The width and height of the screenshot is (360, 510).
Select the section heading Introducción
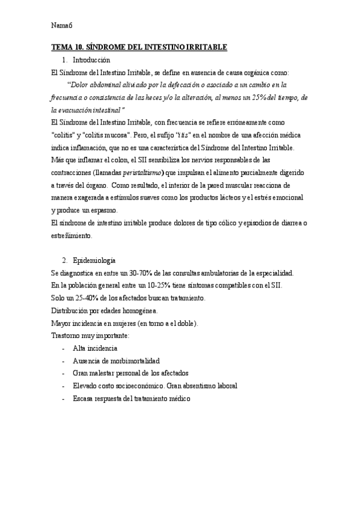point(91,60)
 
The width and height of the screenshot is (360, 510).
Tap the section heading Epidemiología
point(94,260)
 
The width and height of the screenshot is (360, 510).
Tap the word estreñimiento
point(72,235)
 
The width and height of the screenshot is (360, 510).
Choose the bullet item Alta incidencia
point(95,348)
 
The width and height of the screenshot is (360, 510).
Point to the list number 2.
point(64,260)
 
